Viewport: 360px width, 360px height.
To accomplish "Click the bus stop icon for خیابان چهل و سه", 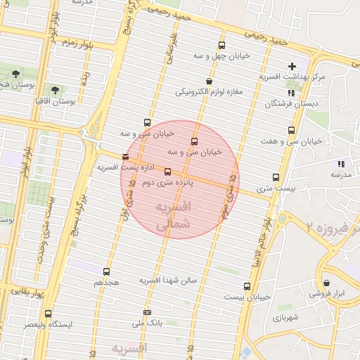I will click(222, 46).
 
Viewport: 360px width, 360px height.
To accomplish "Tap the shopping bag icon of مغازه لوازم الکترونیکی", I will click(209, 82).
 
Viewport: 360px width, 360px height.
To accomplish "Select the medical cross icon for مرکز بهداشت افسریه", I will click(292, 66).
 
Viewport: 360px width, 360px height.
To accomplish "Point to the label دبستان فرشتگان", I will click(288, 103).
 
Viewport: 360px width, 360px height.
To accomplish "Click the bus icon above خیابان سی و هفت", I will click(291, 131).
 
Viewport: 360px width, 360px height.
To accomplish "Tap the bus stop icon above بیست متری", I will click(276, 178).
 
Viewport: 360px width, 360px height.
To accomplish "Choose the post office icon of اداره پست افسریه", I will click(125, 157).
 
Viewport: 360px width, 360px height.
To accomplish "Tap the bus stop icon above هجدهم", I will click(107, 271).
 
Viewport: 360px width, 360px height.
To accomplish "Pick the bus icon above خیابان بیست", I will click(247, 286).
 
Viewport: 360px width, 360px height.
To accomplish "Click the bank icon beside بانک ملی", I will click(147, 312).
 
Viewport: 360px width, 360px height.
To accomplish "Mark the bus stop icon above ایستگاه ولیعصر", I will click(48, 314).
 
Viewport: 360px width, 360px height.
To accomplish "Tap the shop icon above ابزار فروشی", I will click(326, 284).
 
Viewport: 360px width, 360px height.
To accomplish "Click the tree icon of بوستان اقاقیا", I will click(56, 90).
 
